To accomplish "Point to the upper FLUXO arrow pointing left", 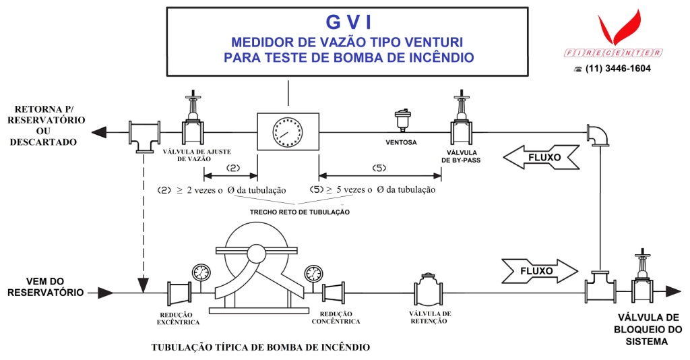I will pyautogui.click(x=541, y=158).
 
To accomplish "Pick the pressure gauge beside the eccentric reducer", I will pyautogui.click(x=200, y=272).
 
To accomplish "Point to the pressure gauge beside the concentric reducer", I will pyautogui.click(x=313, y=273).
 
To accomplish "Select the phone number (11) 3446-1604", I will pyautogui.click(x=617, y=69).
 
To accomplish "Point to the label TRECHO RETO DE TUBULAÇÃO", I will pyautogui.click(x=300, y=212).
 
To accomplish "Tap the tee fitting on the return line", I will pyautogui.click(x=142, y=134).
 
